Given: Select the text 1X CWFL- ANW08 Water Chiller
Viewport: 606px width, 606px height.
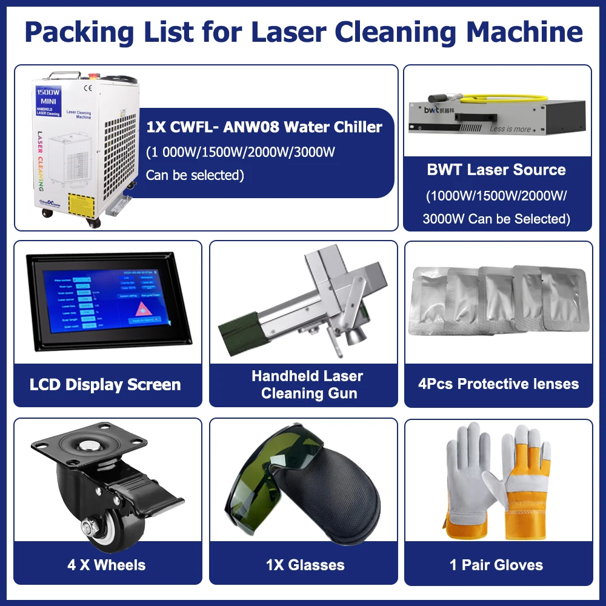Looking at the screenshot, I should point(264,127).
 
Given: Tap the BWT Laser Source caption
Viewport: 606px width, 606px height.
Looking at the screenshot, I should point(496,170).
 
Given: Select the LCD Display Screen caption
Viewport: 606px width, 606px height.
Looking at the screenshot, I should point(105,384).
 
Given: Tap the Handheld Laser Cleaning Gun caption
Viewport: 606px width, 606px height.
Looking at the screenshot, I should point(308,384).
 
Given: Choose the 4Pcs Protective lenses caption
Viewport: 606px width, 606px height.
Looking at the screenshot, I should point(498,384).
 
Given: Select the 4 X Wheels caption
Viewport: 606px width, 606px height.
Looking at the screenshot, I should point(107,565).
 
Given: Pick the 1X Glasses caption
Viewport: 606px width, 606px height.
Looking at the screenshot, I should point(305,565).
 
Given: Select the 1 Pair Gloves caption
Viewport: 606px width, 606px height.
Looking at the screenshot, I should point(496,565).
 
